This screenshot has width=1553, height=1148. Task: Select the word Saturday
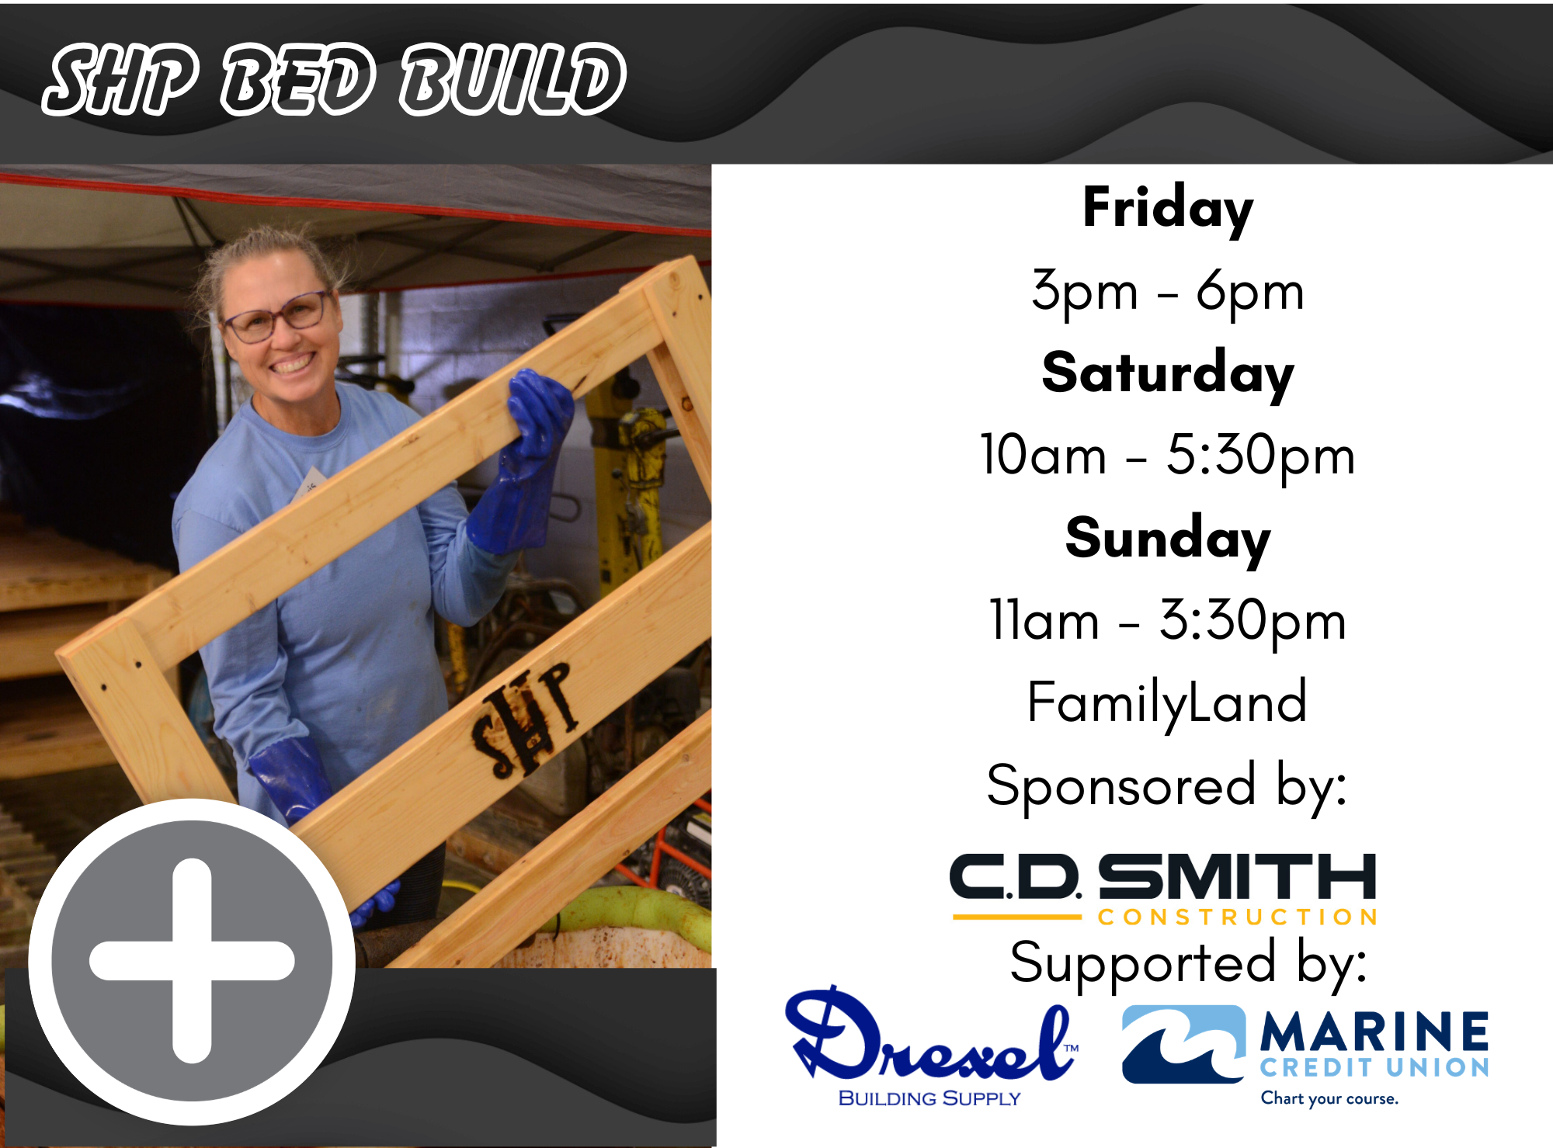click(1167, 374)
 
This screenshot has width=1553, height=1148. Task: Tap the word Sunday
click(1167, 539)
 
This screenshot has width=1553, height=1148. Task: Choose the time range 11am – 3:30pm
click(1167, 621)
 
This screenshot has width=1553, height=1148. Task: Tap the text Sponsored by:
click(1167, 786)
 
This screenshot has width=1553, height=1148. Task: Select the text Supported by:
click(1188, 964)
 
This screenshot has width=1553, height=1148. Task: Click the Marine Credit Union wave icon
click(1183, 1044)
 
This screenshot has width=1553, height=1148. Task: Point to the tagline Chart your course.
click(1329, 1098)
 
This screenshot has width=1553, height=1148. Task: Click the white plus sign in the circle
click(192, 961)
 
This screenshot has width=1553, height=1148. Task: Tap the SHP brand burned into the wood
click(525, 720)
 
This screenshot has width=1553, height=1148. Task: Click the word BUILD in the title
click(513, 79)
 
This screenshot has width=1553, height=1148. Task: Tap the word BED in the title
click(299, 79)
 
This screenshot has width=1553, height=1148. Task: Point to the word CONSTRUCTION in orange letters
click(1238, 917)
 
